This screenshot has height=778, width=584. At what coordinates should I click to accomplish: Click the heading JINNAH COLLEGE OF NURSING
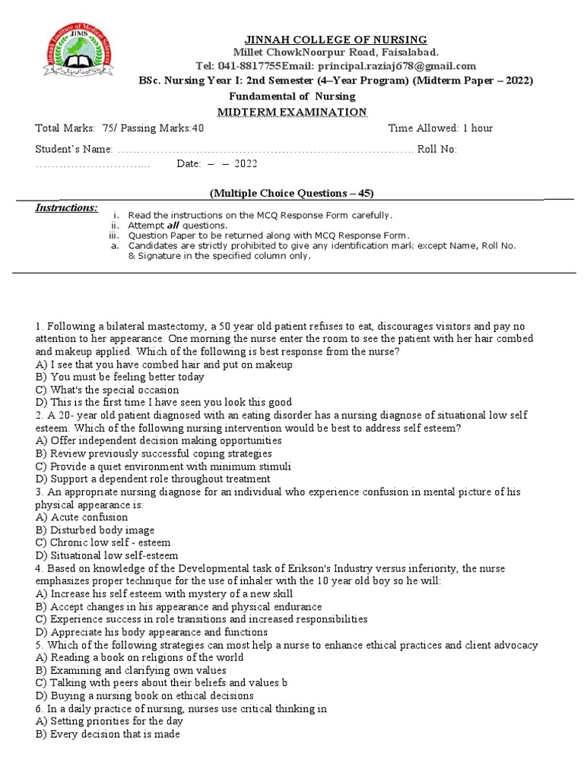coord(335,40)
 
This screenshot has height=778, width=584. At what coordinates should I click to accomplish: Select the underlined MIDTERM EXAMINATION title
coord(293,112)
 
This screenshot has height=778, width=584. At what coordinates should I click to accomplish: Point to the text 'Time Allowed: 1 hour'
coord(440,128)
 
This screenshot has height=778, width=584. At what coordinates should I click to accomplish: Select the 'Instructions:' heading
coord(67,207)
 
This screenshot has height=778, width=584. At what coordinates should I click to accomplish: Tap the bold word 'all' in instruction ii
coord(174,226)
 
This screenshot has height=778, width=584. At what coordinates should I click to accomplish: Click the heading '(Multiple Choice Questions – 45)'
coord(291,192)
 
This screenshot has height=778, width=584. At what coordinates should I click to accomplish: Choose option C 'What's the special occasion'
coord(107,390)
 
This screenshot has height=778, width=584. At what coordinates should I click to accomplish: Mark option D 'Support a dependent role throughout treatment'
coord(153,479)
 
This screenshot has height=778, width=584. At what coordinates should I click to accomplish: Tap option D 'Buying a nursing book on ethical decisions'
coord(144,696)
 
